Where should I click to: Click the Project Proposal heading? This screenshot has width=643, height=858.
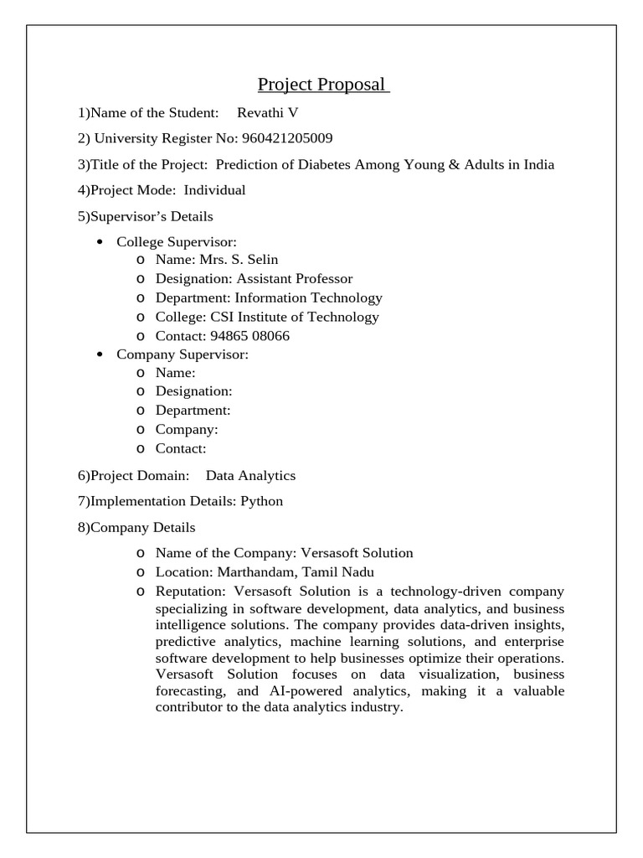coord(322,85)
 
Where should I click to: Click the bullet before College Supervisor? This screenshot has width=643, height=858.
coord(100,242)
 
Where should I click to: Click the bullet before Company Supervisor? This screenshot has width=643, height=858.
coord(100,354)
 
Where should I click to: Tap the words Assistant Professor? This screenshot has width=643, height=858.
coord(295,278)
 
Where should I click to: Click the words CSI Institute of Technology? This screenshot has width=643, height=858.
coord(306,317)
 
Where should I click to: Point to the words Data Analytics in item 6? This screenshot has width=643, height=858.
coord(250,476)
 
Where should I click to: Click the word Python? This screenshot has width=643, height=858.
coord(262,501)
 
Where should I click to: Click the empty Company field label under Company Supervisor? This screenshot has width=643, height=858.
coord(187,430)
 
